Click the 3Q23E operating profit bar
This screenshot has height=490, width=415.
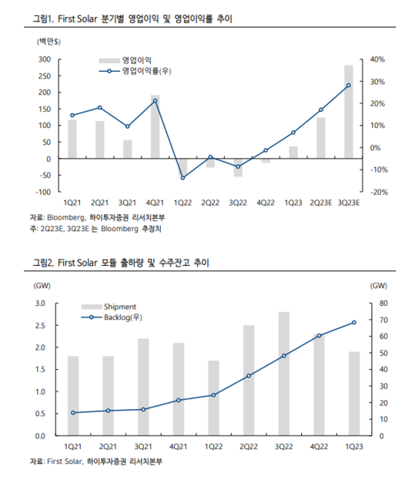click(349, 112)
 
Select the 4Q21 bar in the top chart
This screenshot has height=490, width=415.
click(156, 126)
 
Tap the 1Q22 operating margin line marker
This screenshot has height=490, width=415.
click(182, 178)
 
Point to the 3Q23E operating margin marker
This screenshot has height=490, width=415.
click(349, 86)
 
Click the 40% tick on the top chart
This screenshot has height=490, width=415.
click(377, 59)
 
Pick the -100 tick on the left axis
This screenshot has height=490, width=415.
click(43, 192)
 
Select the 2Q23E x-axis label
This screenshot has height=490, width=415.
click(321, 203)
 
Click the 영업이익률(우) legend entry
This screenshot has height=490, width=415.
click(136, 71)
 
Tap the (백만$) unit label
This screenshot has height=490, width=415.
click(49, 42)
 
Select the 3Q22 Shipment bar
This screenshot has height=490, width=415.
click(284, 374)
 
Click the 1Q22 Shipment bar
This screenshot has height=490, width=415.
click(213, 398)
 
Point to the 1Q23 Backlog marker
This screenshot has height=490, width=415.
click(354, 323)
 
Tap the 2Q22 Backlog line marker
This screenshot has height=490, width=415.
click(249, 376)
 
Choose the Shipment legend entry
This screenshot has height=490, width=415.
click(109, 307)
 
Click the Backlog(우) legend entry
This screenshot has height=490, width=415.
click(112, 317)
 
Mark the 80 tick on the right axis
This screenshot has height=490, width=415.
click(383, 304)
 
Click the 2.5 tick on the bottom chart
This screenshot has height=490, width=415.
click(40, 326)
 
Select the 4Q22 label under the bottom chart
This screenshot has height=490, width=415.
click(319, 447)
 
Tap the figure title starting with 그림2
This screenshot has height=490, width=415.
click(121, 263)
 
